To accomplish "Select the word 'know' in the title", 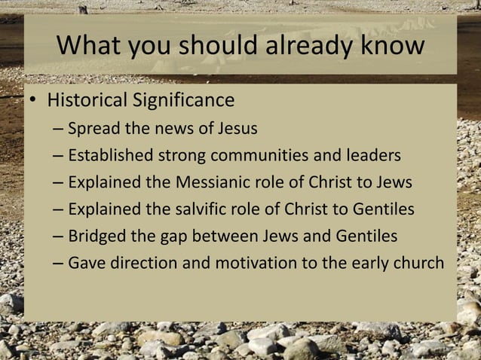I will pos(391,46).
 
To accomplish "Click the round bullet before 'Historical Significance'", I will pos(34,101).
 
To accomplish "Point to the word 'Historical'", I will pos(87,99).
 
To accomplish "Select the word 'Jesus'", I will pos(237,129).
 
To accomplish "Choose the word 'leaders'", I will pos(372,156).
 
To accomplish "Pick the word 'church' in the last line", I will pos(420,264).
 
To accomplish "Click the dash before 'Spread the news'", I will pos(59,129).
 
